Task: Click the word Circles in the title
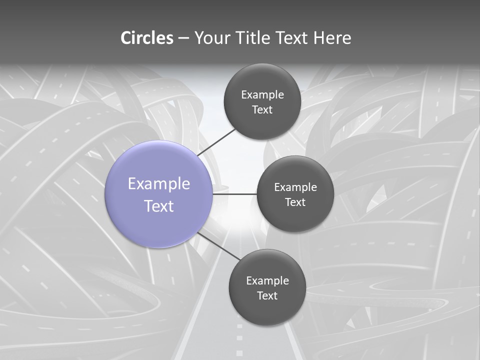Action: coord(146,38)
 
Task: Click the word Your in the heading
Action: coord(211,38)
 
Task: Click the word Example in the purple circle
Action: coord(159,183)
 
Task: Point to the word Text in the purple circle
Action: coord(159,206)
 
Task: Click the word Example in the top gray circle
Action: coord(262,94)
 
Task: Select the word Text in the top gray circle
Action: coord(262,109)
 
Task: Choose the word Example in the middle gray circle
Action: coord(295,187)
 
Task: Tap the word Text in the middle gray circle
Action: coord(295,202)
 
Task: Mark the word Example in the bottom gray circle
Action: coord(267,280)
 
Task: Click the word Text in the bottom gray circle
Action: coord(267,295)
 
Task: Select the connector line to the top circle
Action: coord(216,142)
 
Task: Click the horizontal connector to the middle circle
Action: coord(234,194)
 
